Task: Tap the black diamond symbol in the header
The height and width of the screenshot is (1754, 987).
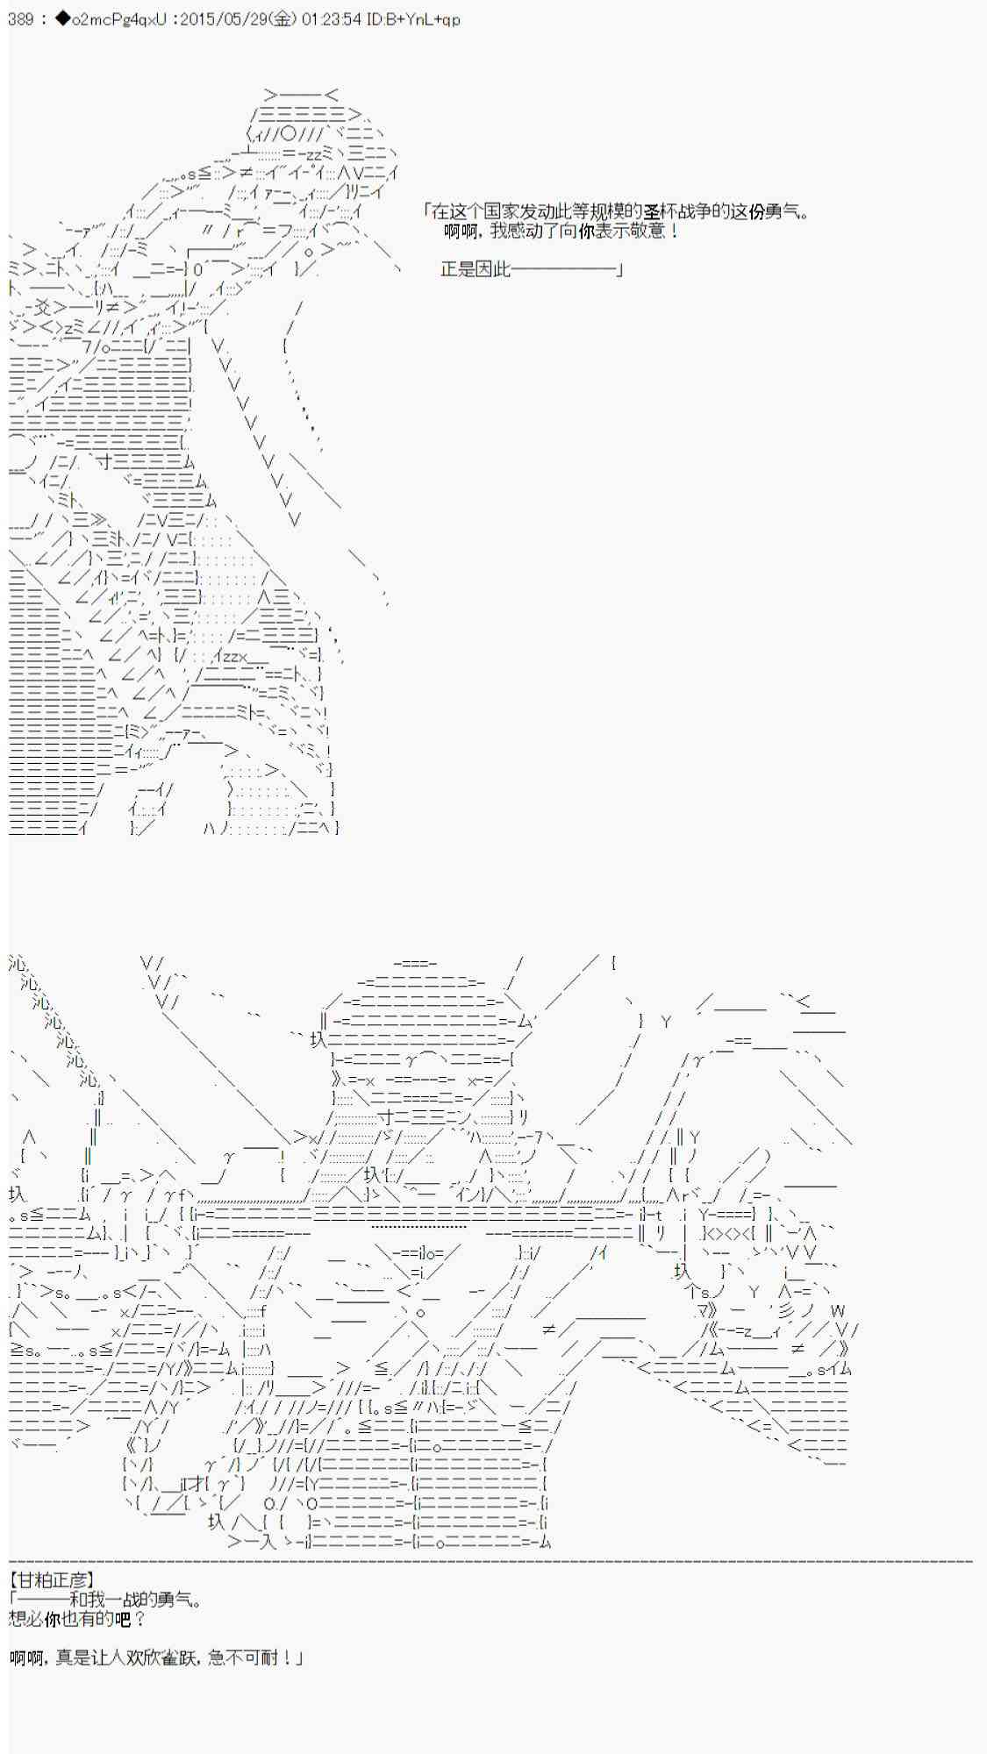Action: tap(61, 19)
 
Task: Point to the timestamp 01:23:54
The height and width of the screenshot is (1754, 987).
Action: tap(331, 19)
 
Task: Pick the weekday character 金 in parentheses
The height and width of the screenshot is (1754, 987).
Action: tap(283, 19)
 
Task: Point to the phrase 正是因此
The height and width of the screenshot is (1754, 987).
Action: tap(475, 269)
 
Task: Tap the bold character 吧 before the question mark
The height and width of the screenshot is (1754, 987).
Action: tap(122, 1618)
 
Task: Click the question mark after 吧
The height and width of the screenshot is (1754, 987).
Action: tap(139, 1618)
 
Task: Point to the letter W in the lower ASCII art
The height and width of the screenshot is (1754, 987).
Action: tap(838, 1311)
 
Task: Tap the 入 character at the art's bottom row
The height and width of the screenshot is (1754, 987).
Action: tap(267, 1542)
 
